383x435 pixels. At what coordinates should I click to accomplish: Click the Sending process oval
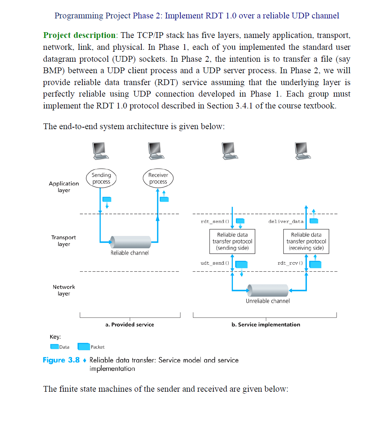(x=101, y=178)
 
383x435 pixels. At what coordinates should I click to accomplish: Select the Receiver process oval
(x=158, y=178)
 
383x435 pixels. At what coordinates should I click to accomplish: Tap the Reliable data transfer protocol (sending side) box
(x=232, y=241)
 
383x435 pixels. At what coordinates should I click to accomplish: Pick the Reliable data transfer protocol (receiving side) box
(x=306, y=241)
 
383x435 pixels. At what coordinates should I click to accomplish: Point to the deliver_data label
(x=286, y=222)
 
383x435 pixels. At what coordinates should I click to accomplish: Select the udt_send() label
(x=214, y=263)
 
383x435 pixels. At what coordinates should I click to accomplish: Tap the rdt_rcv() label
(x=290, y=263)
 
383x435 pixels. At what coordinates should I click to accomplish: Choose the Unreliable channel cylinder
(x=268, y=291)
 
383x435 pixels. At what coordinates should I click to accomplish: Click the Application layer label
(x=64, y=187)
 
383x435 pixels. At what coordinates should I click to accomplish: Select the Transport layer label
(x=64, y=241)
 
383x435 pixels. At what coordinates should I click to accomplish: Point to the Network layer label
(x=64, y=290)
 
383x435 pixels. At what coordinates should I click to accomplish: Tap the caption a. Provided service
(x=129, y=325)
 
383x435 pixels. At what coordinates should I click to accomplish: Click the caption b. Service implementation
(x=266, y=325)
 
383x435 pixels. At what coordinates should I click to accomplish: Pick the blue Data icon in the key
(x=54, y=347)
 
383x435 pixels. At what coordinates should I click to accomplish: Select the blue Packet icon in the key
(x=83, y=347)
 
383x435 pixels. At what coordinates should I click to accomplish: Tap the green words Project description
(x=79, y=35)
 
